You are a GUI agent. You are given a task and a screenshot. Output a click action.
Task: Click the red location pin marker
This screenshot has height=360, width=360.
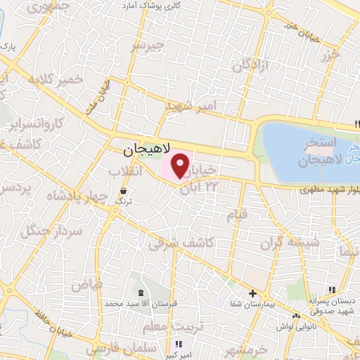181,166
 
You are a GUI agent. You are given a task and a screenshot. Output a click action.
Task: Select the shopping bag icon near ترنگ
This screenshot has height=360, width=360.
124,190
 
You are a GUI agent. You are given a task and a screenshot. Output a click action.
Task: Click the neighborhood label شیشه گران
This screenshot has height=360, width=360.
300,243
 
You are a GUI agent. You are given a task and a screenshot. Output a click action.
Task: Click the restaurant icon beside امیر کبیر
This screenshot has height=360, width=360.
178,345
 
